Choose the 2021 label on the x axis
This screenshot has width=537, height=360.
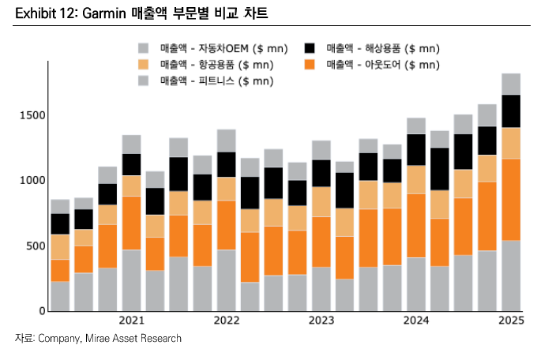[x=131, y=321]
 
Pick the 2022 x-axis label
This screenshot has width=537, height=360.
[x=226, y=321]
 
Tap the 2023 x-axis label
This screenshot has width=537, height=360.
[x=321, y=321]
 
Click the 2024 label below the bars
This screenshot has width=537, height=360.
[x=416, y=321]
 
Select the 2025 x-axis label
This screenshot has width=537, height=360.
[x=511, y=321]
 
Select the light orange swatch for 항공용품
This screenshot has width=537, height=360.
[x=144, y=65]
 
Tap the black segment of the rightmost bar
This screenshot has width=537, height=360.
[x=511, y=111]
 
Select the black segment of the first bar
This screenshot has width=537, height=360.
[x=60, y=224]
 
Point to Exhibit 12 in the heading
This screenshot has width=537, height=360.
[x=38, y=13]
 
